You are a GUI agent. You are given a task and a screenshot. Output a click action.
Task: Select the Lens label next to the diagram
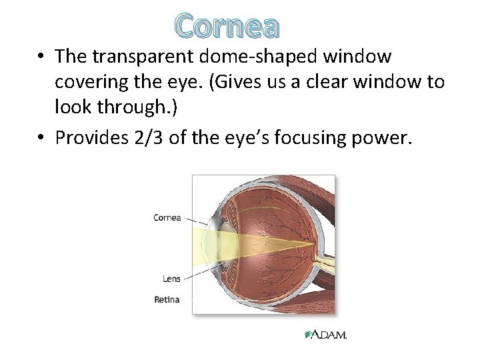[171, 278]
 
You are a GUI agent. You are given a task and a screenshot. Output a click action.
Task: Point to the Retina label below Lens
[167, 300]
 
